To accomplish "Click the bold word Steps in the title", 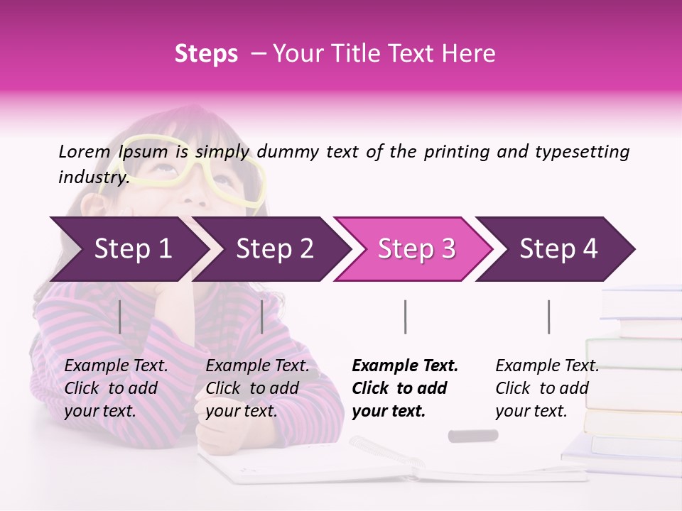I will pyautogui.click(x=206, y=54).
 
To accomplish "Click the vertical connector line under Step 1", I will pyautogui.click(x=120, y=317).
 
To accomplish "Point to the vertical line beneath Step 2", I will pyautogui.click(x=262, y=317).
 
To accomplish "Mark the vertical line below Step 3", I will pyautogui.click(x=405, y=317).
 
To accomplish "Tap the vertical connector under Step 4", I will pyautogui.click(x=548, y=317).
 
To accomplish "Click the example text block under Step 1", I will pyautogui.click(x=116, y=388).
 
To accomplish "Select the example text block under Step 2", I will pyautogui.click(x=257, y=388).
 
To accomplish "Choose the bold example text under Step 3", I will pyautogui.click(x=405, y=388).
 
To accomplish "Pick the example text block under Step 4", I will pyautogui.click(x=547, y=388).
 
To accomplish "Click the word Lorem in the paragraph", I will pyautogui.click(x=84, y=151).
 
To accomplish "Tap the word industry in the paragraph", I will pyautogui.click(x=92, y=177).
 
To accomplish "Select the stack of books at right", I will pyautogui.click(x=629, y=376).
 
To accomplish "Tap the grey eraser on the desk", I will pyautogui.click(x=472, y=435).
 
